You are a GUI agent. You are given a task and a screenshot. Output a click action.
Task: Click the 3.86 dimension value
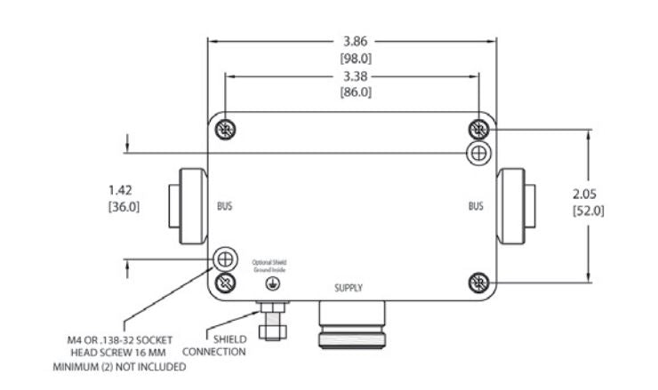[x=355, y=41]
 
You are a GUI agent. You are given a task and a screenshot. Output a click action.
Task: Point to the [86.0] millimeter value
[x=355, y=92]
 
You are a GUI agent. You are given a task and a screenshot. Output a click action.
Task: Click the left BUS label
[x=226, y=207]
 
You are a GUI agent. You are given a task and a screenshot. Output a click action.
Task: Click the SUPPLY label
[x=349, y=288]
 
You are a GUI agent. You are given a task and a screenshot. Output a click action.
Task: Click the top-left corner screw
[x=227, y=130]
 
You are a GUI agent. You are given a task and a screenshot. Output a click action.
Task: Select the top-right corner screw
[x=479, y=130]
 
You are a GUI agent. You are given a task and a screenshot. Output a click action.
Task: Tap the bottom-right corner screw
[x=479, y=283]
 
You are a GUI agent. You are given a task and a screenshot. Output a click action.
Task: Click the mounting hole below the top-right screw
[x=478, y=153]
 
